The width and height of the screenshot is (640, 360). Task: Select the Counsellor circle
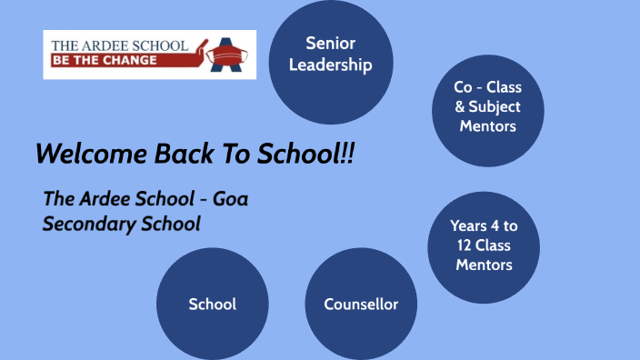coord(361,304)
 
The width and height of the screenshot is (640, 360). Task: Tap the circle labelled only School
coord(212,304)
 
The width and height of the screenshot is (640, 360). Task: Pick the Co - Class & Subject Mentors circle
coord(487,107)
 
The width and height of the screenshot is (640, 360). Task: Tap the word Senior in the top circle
coord(330,43)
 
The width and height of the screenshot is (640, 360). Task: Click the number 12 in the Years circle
coord(460,245)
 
